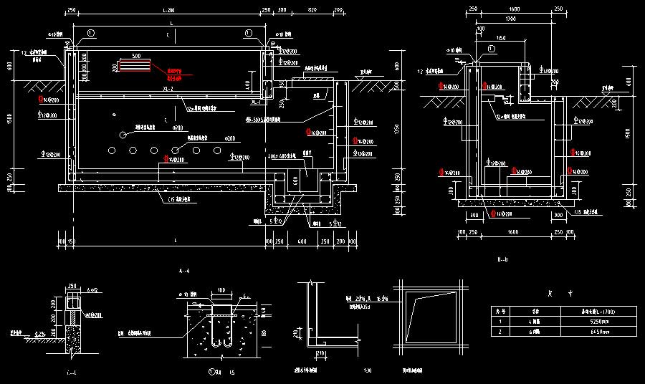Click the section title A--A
pos(185,271)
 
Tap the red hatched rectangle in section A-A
pos(135,66)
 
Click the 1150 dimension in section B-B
pos(500,37)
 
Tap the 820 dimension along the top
pos(312,11)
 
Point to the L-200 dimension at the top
pos(169,11)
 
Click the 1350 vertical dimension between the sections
pos(396,130)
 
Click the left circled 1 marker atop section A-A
pos(90,33)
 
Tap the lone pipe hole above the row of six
pos(123,134)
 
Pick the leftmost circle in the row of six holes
pos(111,150)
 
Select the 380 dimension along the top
pos(282,11)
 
